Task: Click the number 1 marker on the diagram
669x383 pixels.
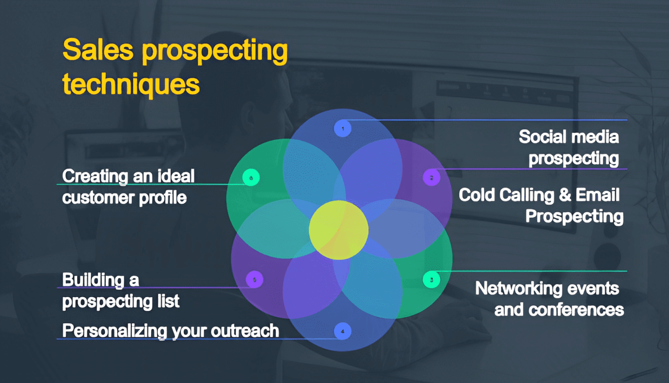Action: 343,129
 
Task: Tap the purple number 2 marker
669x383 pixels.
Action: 431,178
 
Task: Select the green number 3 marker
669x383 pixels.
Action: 431,280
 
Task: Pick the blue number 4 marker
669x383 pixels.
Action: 343,331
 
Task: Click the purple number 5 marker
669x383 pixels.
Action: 254,280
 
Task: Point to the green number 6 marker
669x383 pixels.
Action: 251,178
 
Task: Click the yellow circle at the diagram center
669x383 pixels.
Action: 338,230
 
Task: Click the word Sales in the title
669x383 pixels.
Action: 98,50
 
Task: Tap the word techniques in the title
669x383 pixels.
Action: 131,84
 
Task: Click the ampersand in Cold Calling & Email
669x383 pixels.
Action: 565,195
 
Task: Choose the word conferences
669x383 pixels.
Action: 576,310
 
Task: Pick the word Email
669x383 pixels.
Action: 597,195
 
